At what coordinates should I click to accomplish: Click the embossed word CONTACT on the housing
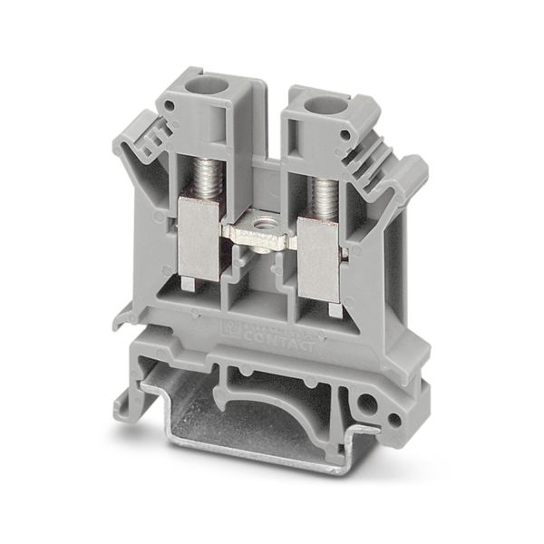pyautogui.click(x=287, y=341)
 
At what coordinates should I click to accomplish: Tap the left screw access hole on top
pyautogui.click(x=195, y=92)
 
